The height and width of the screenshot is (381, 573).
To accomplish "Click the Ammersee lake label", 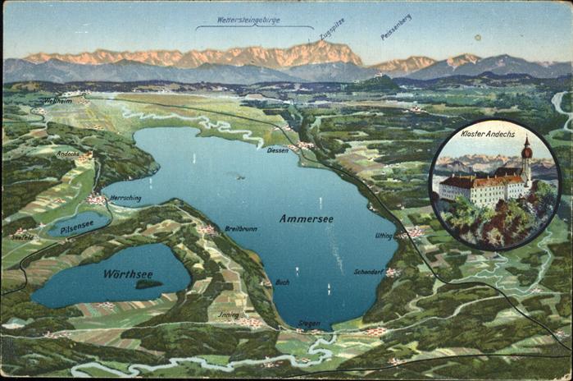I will (306, 218).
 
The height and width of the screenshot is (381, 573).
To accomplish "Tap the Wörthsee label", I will (128, 273).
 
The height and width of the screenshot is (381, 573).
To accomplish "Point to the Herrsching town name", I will (125, 198).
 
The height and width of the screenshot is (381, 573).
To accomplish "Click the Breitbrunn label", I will (241, 229).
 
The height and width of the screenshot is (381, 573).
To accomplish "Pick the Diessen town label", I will (277, 150).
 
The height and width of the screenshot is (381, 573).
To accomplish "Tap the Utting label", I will (384, 236).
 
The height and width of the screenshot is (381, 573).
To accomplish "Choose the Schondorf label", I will (369, 271).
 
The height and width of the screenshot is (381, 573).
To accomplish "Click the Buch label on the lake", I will (282, 282).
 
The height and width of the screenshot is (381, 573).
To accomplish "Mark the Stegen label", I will (309, 324).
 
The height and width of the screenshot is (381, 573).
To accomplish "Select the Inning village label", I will (229, 314).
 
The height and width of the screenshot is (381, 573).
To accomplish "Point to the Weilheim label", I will (57, 101).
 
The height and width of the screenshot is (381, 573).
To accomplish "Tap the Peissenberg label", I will (396, 26).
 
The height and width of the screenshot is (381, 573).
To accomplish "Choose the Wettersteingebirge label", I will (248, 20).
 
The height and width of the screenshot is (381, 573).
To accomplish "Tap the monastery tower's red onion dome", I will (526, 150).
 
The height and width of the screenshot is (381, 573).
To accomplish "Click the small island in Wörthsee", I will (148, 284).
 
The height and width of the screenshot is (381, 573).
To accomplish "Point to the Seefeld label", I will (22, 236).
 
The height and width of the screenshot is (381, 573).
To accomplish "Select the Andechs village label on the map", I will (68, 154).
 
